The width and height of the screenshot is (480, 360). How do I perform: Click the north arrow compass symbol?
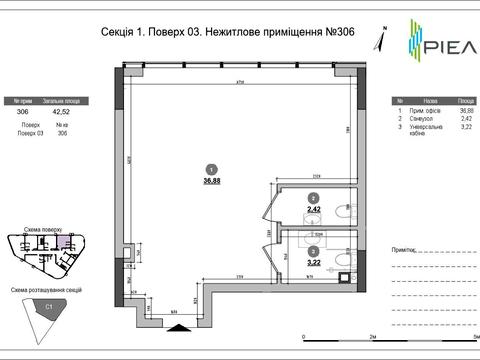click(379, 38)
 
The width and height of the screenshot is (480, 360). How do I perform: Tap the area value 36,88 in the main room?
click(210, 181)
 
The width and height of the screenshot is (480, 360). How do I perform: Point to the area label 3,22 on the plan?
click(313, 262)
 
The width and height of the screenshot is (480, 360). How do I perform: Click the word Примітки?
click(405, 252)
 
